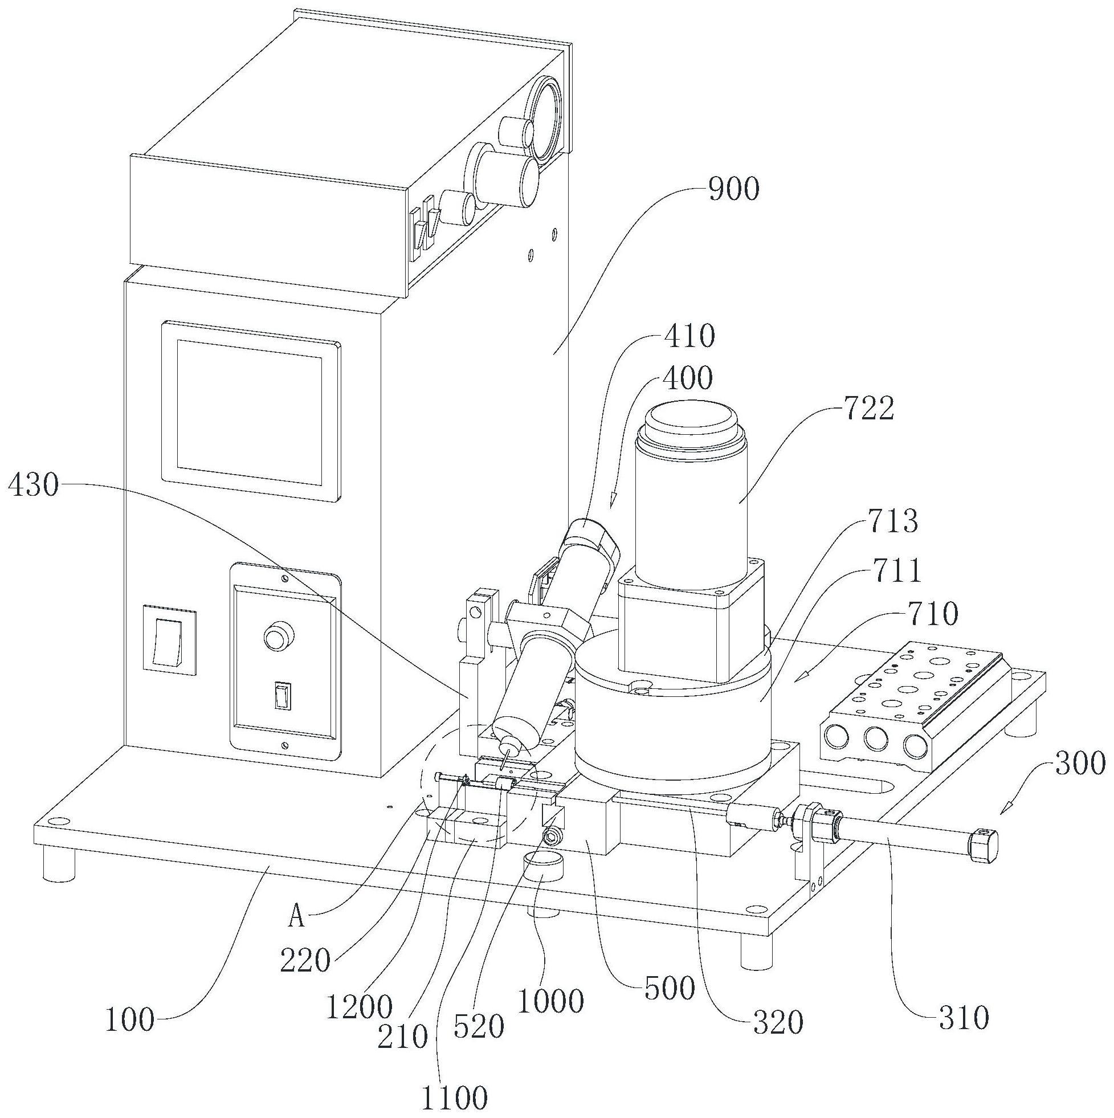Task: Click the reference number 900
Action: click(733, 189)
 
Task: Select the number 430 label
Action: click(34, 486)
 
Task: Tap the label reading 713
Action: click(893, 521)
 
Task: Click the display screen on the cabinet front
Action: click(249, 413)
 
